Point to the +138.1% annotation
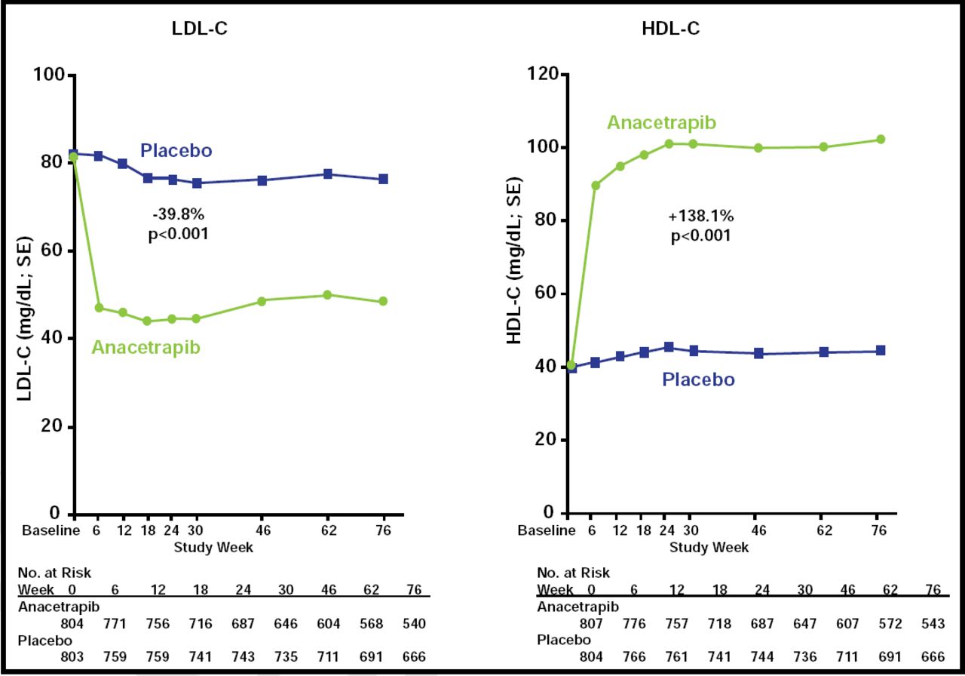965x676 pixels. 700,217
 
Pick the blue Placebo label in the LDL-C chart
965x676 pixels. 176,150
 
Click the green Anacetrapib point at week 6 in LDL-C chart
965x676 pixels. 99,308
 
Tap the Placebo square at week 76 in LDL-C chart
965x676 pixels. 383,179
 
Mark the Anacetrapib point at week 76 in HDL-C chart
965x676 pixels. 880,140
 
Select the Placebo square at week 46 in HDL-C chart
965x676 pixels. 758,353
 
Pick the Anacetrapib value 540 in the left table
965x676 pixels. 414,624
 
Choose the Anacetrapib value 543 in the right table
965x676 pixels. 930,624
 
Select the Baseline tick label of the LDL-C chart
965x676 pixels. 51,530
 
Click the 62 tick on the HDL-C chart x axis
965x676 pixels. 824,530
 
